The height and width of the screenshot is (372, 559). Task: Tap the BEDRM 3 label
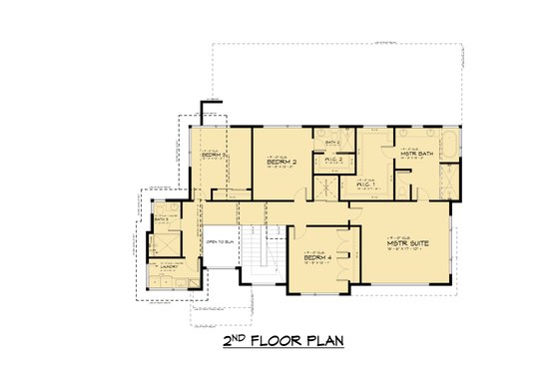(x=211, y=156)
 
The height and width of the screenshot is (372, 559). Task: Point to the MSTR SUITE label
(x=407, y=242)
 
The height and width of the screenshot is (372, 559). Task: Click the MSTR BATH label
(x=414, y=154)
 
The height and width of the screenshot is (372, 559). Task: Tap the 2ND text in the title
(x=237, y=341)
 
